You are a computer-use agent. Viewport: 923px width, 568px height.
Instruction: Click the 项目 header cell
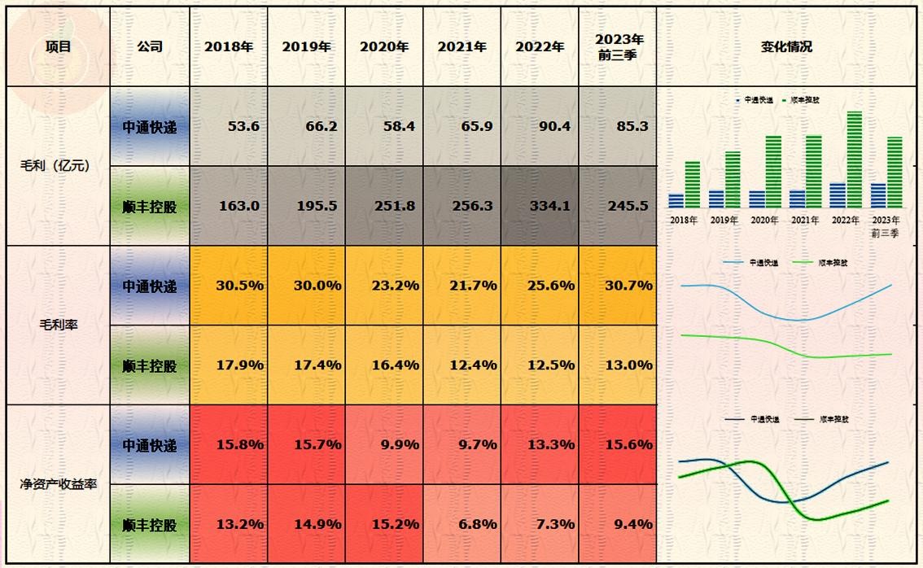[x=58, y=47]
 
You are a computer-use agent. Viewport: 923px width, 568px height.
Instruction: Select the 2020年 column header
[x=384, y=47]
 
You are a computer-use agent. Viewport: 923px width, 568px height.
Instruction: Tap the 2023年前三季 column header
[x=619, y=47]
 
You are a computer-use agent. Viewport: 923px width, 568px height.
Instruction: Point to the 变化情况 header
[x=785, y=47]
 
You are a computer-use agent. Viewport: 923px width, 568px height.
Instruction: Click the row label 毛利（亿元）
[x=55, y=166]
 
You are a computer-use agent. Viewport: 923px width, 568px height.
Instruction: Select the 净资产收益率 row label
[x=58, y=484]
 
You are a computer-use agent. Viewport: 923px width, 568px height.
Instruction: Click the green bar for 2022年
[x=854, y=159]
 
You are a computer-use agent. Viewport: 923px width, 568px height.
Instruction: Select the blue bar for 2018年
[x=676, y=201]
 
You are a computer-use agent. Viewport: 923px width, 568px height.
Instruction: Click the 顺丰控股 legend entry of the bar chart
[x=801, y=100]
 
